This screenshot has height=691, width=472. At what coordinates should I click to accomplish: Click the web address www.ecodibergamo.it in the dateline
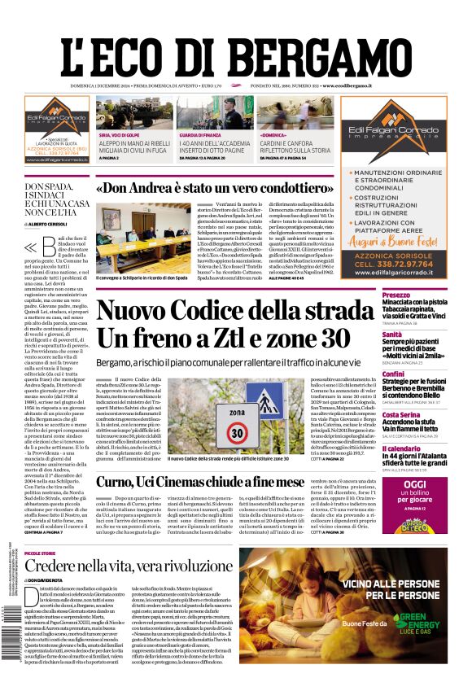pos(346,85)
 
